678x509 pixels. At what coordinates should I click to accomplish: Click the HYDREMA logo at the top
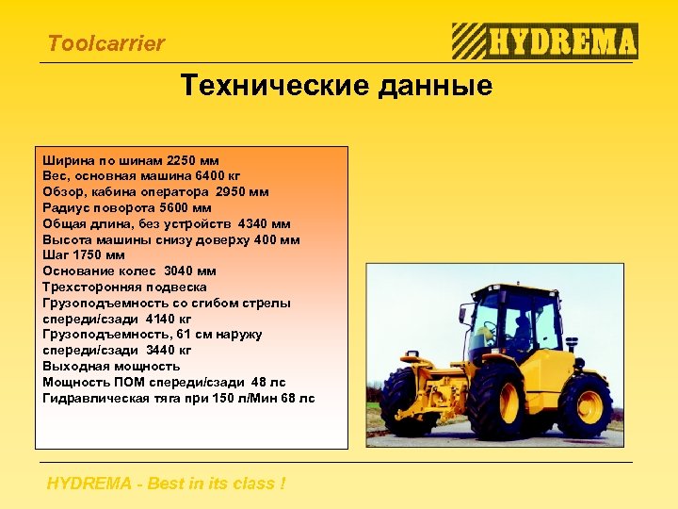(x=544, y=42)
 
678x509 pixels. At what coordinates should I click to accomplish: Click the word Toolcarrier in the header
(x=105, y=43)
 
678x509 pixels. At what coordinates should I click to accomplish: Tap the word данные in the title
(x=438, y=88)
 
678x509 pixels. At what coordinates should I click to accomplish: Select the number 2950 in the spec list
(x=234, y=192)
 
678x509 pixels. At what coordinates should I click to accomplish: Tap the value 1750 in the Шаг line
(x=90, y=255)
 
